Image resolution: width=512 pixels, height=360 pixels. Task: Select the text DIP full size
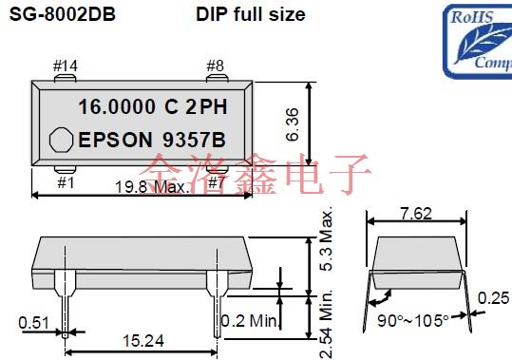click(250, 14)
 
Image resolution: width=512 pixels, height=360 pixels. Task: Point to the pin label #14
click(66, 66)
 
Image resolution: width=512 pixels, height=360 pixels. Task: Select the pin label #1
click(66, 180)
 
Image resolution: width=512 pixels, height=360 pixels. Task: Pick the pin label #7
click(218, 180)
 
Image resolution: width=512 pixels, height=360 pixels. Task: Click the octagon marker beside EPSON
click(61, 140)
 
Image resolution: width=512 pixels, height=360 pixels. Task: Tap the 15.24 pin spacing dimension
click(141, 339)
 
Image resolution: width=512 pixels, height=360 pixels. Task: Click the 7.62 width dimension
click(415, 213)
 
